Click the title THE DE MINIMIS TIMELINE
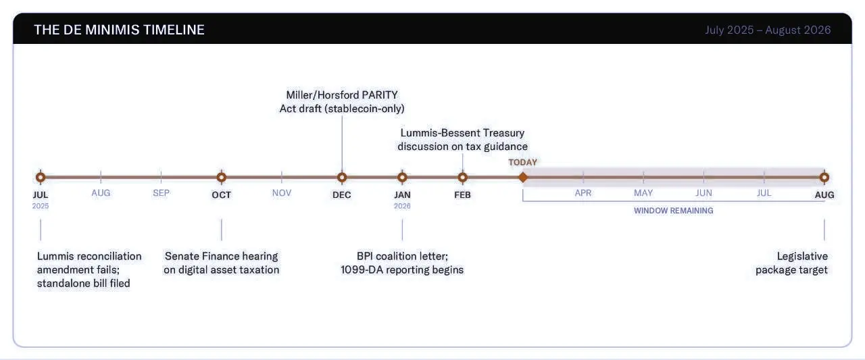(x=120, y=30)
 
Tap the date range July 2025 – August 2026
(x=768, y=30)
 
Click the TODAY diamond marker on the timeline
(x=523, y=178)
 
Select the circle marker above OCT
(x=221, y=178)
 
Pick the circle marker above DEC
(x=342, y=178)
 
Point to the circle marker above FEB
(x=463, y=178)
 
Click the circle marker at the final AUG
(x=824, y=178)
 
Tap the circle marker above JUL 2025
(x=41, y=178)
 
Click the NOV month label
(x=282, y=193)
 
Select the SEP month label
(x=161, y=193)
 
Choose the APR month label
(x=583, y=193)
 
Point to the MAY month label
(x=643, y=193)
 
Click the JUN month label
(x=703, y=193)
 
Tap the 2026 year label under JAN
(x=402, y=206)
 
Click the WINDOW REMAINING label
(x=674, y=211)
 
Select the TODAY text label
(x=523, y=163)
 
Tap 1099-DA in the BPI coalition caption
(x=362, y=269)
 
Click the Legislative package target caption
(x=791, y=263)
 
